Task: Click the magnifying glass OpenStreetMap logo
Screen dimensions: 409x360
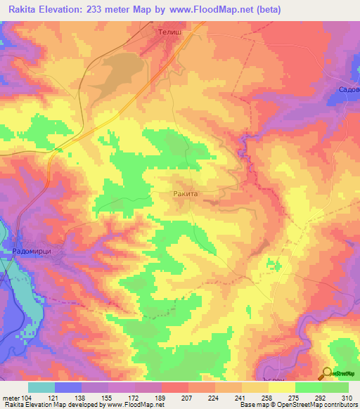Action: tap(328, 373)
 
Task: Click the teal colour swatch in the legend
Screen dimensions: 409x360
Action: tap(41, 387)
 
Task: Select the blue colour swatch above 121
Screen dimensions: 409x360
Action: tap(68, 387)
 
